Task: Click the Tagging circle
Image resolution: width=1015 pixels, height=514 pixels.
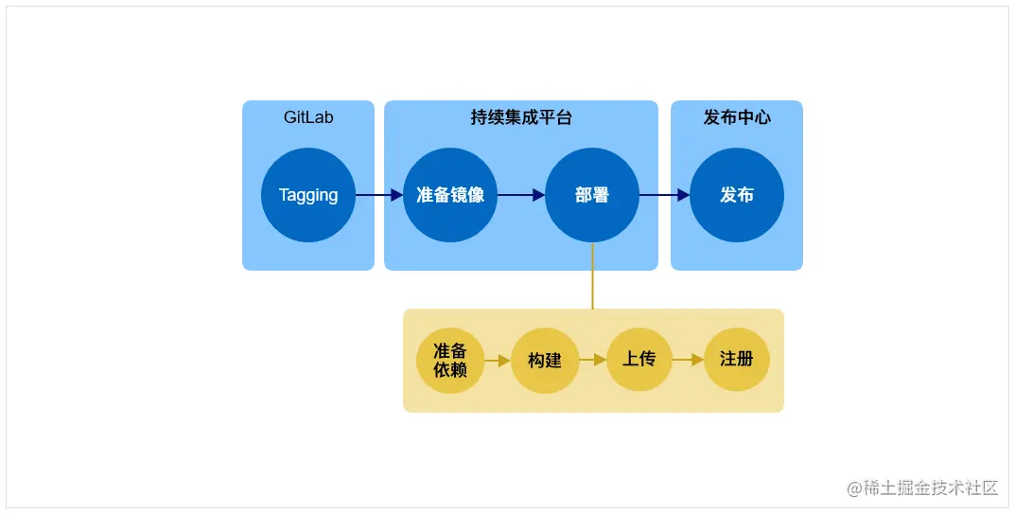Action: [x=308, y=195]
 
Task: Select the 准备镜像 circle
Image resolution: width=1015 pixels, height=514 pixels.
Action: [x=450, y=195]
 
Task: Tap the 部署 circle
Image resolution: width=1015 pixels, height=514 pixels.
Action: [x=592, y=195]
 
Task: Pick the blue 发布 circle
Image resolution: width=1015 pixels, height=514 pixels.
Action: [x=737, y=195]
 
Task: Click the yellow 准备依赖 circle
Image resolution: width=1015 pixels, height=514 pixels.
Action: [x=450, y=361]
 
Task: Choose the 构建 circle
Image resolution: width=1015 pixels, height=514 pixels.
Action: [x=545, y=361]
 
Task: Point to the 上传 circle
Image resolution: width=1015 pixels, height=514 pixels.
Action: [x=639, y=359]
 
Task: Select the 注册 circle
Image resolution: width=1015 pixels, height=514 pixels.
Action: [x=737, y=359]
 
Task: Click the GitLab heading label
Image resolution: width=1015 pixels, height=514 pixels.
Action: [x=308, y=118]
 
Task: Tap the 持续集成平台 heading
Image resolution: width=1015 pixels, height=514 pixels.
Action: [x=521, y=118]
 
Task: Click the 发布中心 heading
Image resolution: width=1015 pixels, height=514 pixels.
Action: [x=737, y=118]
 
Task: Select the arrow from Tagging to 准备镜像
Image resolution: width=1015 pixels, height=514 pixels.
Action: [x=379, y=195]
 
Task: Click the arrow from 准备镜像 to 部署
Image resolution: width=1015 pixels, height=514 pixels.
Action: [x=521, y=195]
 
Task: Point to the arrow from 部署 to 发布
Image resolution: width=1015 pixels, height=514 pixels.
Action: [x=665, y=195]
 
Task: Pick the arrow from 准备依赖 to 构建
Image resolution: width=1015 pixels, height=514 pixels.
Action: [x=498, y=361]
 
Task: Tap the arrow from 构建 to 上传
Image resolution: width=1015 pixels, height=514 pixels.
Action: [x=592, y=360]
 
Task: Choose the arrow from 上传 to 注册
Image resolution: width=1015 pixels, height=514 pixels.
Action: [x=688, y=360]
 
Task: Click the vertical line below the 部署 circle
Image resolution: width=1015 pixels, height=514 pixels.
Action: [x=592, y=275]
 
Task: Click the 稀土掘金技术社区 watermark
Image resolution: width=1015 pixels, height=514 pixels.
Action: [x=930, y=488]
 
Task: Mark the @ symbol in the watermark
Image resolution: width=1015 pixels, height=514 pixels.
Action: [x=854, y=488]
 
